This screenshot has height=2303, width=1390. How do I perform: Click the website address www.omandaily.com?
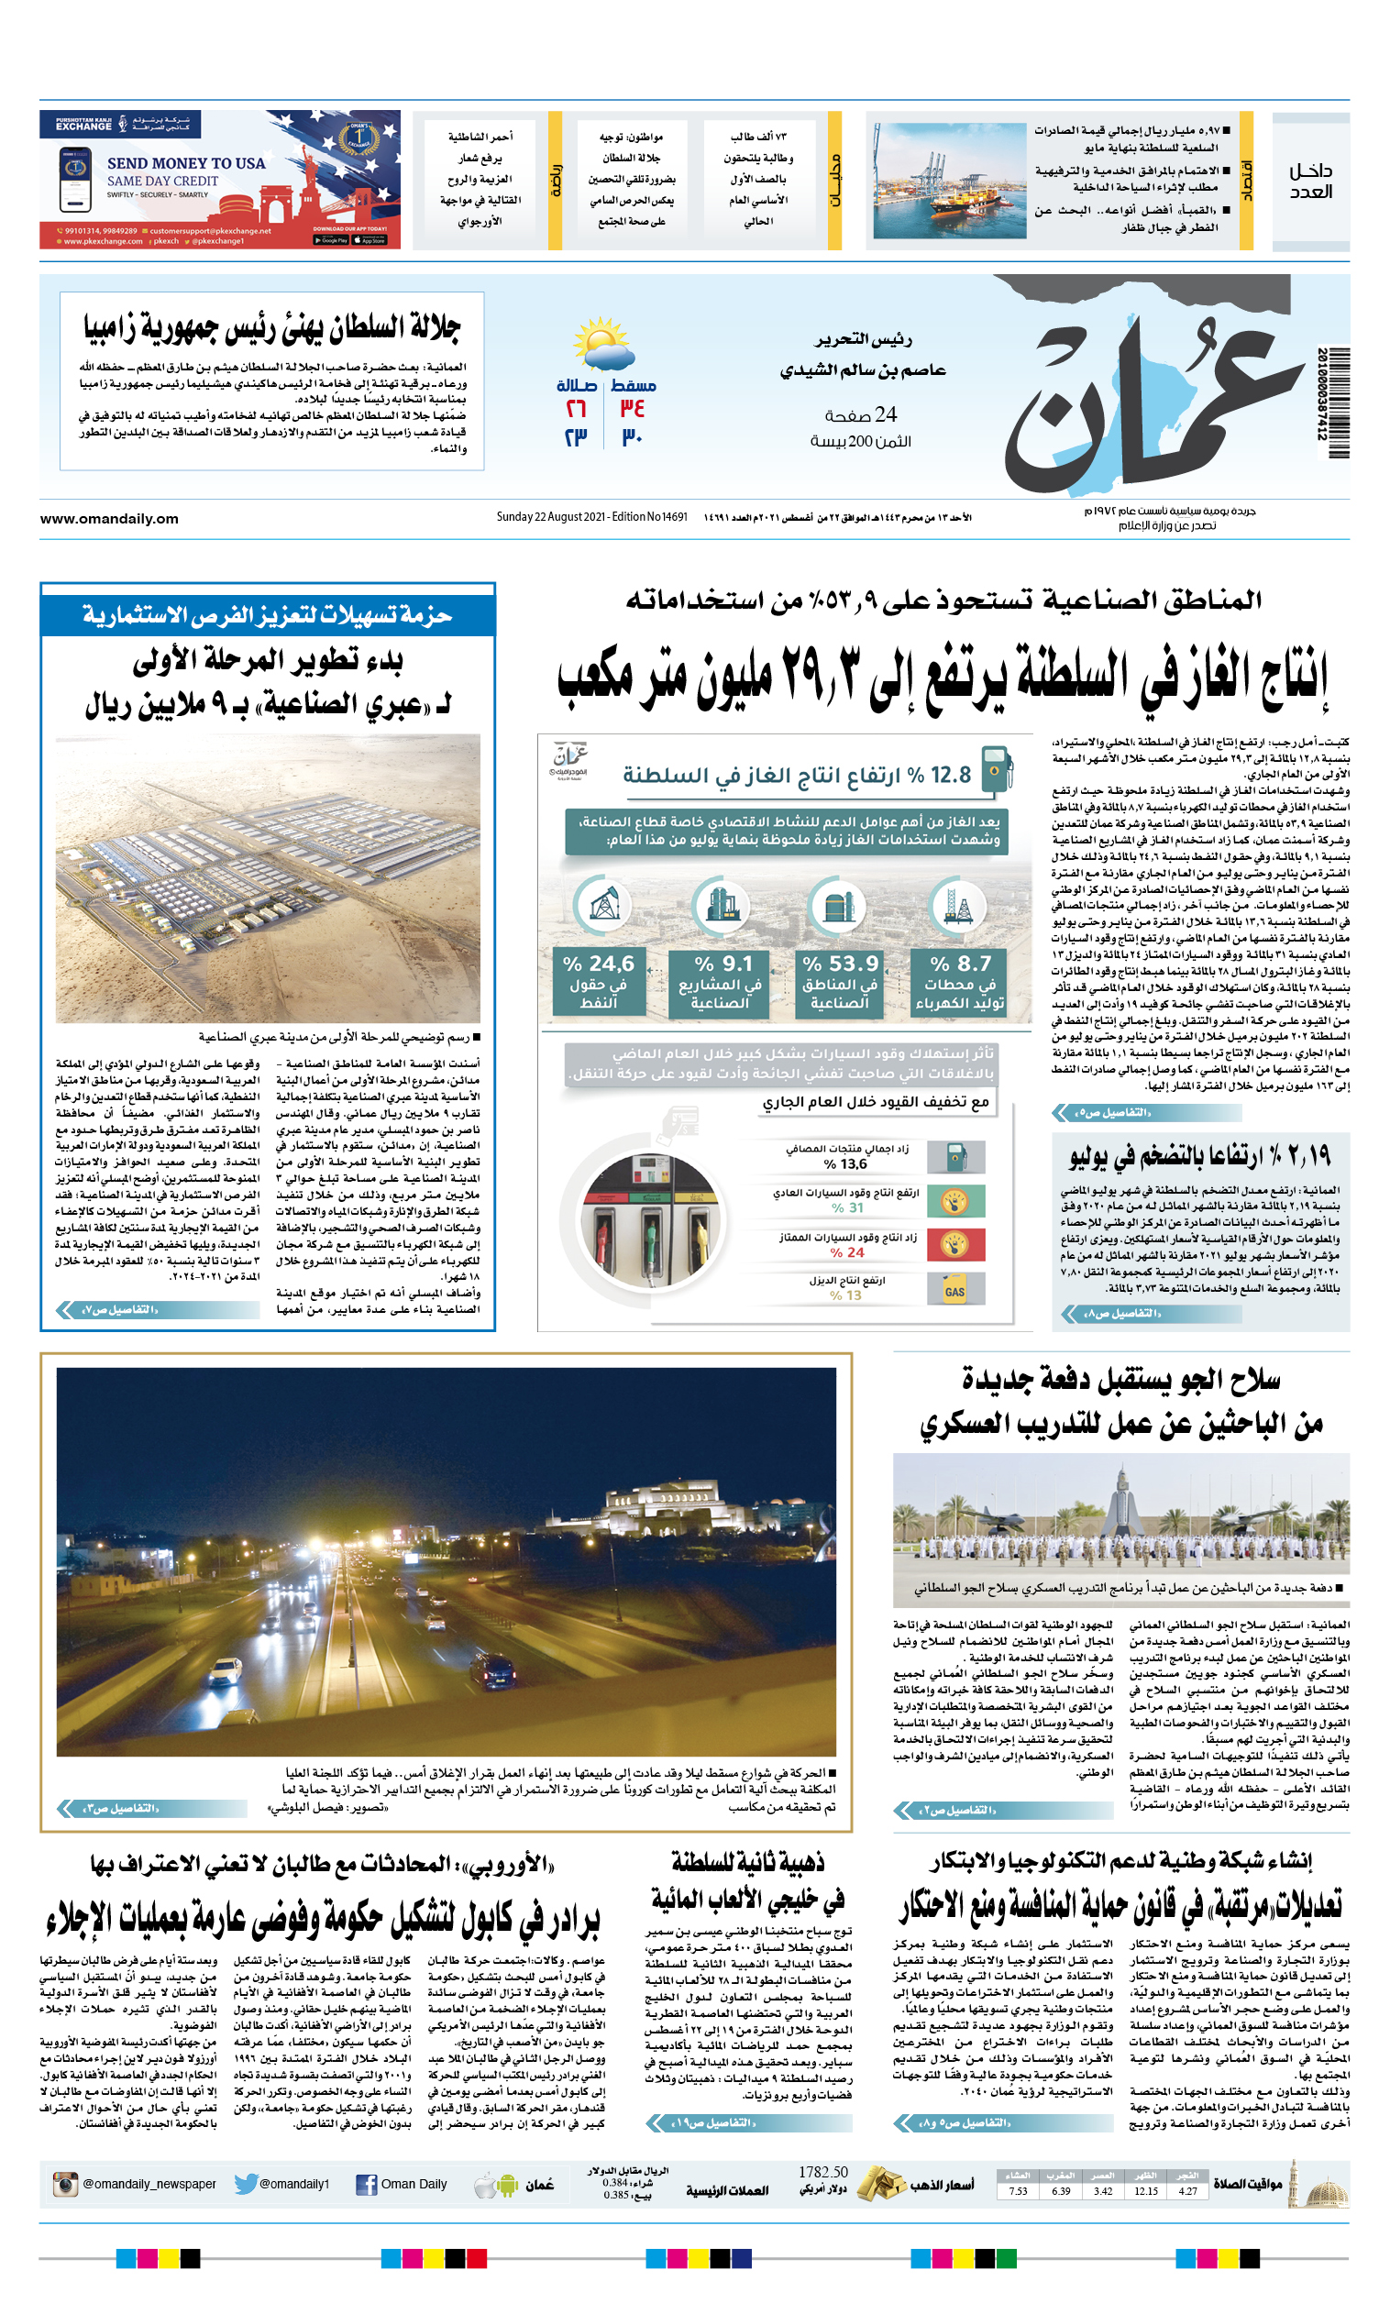pos(109,519)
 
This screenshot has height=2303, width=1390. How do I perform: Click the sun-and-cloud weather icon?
pos(603,345)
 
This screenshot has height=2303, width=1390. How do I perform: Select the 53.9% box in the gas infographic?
pos(840,982)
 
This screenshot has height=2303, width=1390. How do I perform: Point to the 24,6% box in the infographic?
pos(598,982)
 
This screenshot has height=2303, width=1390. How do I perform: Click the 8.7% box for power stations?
pos(960,982)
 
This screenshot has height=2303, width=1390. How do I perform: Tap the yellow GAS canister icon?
pos(954,1291)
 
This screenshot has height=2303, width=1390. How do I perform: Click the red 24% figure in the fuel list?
pos(847,1252)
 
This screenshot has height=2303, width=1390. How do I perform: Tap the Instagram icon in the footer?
pos(65,2185)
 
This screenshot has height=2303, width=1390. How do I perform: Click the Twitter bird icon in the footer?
pos(245,2185)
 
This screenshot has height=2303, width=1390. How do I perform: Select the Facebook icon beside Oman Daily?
pos(367,2185)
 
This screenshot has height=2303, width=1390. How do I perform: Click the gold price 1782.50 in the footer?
pos(822,2172)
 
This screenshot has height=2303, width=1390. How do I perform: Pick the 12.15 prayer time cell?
pos(1145,2191)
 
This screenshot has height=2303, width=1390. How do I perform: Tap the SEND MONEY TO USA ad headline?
pos(186,163)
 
